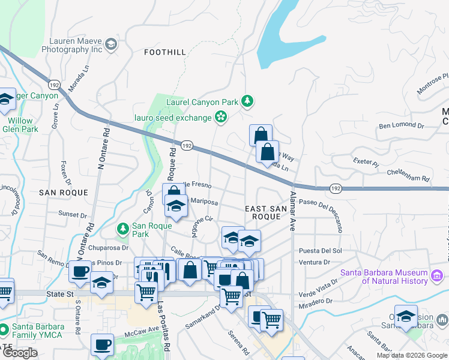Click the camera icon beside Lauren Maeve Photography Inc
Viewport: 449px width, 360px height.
tap(111, 44)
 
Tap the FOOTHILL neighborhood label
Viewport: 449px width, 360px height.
tap(165, 53)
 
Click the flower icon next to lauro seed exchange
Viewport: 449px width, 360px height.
tap(221, 117)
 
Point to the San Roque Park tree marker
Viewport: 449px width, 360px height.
tap(123, 229)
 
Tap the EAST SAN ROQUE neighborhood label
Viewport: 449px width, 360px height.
tap(263, 212)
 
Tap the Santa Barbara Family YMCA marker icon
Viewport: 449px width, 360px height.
tap(4, 329)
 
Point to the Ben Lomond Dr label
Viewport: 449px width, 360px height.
tap(402, 126)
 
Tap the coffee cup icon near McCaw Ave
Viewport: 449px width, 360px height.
tap(103, 344)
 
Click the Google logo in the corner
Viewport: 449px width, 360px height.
tap(20, 353)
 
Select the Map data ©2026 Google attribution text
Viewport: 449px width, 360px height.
tap(411, 355)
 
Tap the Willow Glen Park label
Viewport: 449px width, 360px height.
tap(20, 125)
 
